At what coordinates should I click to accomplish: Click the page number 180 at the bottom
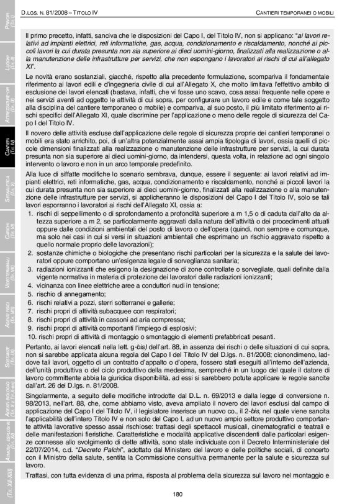point(178,494)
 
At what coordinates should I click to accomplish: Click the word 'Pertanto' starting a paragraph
point(38,344)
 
